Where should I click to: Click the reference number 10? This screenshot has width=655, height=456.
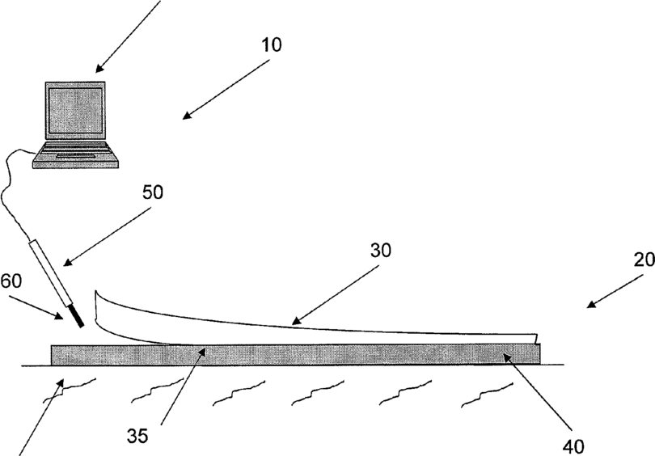tap(271, 44)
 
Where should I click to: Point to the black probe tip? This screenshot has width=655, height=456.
tap(78, 315)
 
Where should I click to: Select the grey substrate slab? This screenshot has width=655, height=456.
tap(291, 354)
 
